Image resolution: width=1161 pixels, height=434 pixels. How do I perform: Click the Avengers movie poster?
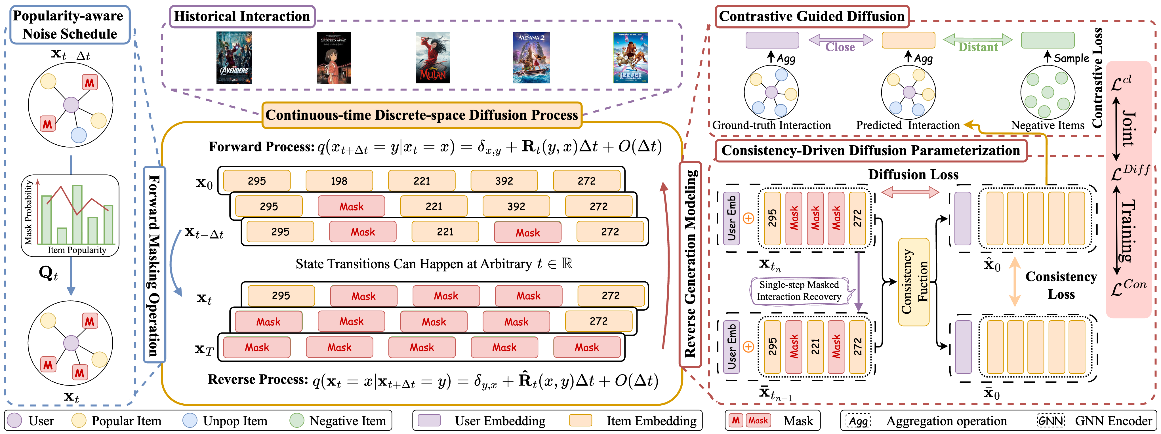click(x=234, y=58)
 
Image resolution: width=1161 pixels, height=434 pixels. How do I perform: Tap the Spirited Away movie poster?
click(x=333, y=58)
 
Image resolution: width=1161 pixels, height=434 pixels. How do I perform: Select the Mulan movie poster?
click(x=432, y=58)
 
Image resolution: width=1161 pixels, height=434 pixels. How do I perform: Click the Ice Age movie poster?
click(x=630, y=58)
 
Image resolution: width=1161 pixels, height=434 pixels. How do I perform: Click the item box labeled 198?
click(x=339, y=181)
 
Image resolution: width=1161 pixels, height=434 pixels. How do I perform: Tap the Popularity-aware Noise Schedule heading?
click(x=70, y=25)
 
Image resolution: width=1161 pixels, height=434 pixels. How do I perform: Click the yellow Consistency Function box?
click(x=914, y=282)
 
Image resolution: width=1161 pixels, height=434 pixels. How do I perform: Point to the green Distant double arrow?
click(x=977, y=41)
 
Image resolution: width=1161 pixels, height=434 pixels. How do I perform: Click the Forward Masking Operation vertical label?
click(x=154, y=265)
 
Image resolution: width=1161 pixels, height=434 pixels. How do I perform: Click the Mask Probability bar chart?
click(x=71, y=215)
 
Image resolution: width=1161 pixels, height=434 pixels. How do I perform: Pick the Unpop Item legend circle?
click(x=190, y=420)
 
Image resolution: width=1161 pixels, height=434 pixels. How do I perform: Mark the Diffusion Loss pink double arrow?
click(x=910, y=192)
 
